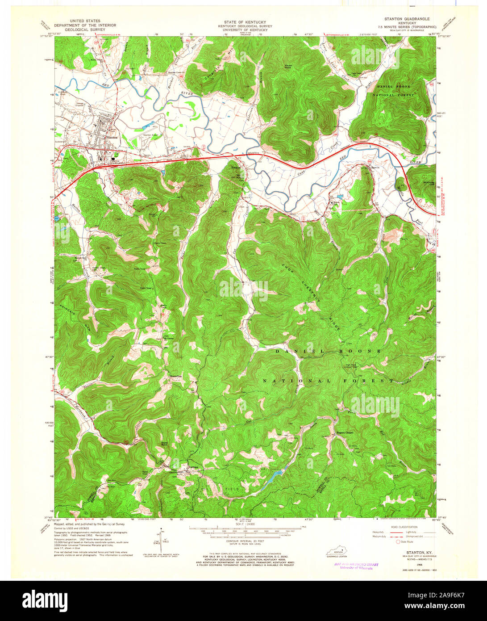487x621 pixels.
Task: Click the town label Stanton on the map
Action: tap(110, 138)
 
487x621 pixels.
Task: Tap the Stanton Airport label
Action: tap(151, 134)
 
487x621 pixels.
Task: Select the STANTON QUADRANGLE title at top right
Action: tap(407, 19)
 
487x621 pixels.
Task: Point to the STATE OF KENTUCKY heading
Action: tap(245, 22)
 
